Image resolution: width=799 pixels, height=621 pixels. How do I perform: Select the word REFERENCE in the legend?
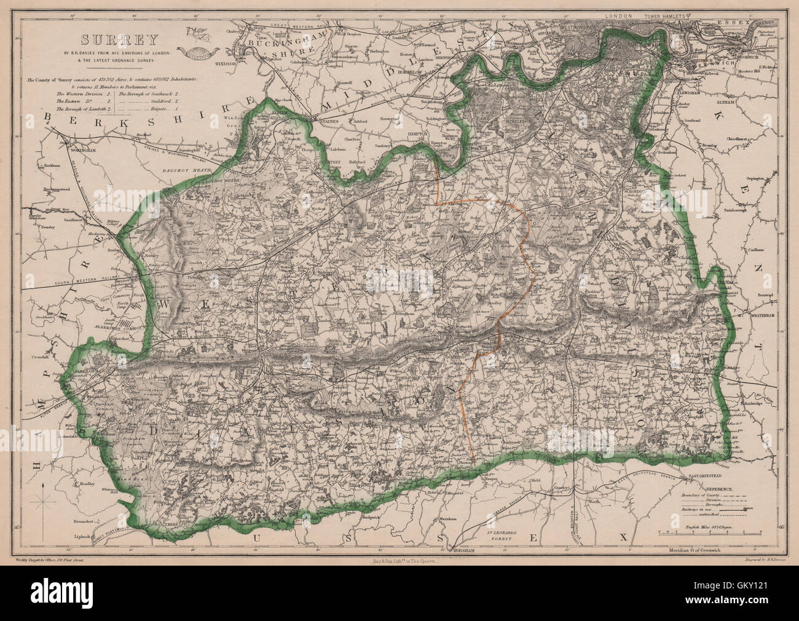[x=705, y=488]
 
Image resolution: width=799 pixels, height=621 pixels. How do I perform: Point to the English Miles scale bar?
[x=710, y=530]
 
